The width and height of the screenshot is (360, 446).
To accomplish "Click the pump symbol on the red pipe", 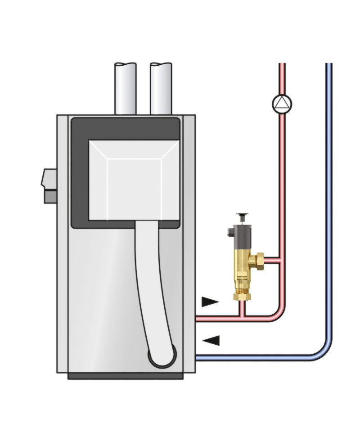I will point(282,104).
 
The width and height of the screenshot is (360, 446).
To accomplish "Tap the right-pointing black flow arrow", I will point(209,302).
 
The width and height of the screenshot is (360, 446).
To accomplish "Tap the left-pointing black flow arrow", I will point(212,341).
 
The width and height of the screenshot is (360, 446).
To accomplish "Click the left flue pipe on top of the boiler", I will point(126,89).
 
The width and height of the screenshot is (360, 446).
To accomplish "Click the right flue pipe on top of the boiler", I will point(161,89).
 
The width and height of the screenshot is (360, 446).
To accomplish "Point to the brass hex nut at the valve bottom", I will point(242,296).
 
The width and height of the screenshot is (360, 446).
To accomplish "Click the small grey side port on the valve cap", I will point(230,232).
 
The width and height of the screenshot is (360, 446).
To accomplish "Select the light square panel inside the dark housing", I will point(134,180).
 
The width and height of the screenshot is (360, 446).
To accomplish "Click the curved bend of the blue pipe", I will point(325,351).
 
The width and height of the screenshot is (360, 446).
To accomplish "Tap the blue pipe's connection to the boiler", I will point(198,358).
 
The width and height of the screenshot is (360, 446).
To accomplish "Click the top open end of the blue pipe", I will point(329,64).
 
